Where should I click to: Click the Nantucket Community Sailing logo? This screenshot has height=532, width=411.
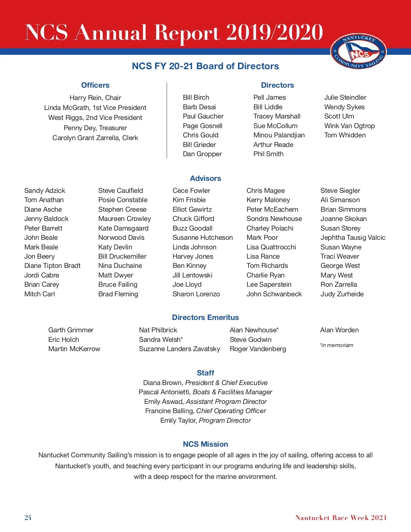click(358, 52)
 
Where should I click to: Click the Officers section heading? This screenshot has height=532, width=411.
click(95, 85)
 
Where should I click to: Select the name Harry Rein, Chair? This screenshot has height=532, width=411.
click(95, 98)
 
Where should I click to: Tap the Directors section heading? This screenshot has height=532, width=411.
click(277, 85)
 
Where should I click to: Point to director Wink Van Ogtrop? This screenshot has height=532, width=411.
click(349, 126)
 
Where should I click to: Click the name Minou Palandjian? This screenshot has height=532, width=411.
click(279, 135)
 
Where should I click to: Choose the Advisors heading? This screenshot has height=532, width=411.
click(206, 178)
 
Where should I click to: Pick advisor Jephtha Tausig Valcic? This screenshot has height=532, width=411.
click(353, 238)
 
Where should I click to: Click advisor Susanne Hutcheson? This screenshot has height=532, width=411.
click(202, 238)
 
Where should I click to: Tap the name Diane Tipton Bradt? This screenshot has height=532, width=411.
click(52, 266)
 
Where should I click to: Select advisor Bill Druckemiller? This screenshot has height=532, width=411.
click(122, 257)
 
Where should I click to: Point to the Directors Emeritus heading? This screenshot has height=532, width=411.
click(206, 318)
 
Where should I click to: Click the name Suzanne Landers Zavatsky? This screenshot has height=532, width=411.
click(179, 349)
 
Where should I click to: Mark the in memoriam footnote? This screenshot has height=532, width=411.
click(336, 345)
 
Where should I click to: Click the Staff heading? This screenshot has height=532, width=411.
click(206, 373)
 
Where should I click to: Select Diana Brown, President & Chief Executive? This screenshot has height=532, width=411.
click(206, 383)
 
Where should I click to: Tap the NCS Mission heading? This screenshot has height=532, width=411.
click(206, 444)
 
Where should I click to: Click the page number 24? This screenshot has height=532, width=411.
click(28, 518)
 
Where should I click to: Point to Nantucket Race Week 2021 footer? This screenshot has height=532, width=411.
click(341, 518)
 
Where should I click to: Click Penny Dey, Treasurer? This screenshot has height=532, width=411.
click(95, 128)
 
